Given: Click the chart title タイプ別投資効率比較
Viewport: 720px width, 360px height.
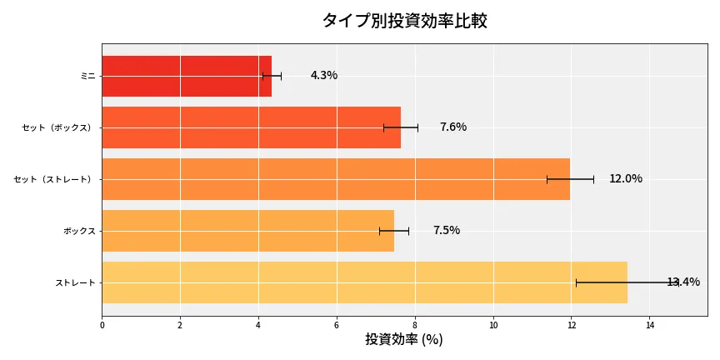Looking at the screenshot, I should (404, 21).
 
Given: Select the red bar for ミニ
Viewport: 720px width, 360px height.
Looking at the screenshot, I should (187, 76).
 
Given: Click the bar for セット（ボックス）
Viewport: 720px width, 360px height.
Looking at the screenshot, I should (251, 127).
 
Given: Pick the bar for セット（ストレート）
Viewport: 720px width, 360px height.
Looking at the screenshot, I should (336, 179).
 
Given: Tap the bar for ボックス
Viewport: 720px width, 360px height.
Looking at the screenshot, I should (247, 231).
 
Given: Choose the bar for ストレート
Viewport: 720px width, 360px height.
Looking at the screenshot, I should (364, 282).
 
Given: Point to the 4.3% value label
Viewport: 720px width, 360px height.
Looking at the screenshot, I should (323, 76).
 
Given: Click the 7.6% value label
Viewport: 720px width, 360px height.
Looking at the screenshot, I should (452, 127).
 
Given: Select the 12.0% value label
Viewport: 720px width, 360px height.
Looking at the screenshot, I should (625, 179).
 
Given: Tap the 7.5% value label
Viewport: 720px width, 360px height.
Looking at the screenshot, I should (446, 231).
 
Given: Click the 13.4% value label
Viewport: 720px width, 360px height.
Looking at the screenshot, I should (683, 282).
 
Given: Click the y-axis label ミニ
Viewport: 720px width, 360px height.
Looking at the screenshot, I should (87, 76).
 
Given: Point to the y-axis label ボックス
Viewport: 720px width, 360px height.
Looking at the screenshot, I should (79, 231).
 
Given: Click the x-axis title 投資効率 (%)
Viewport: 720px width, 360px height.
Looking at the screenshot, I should (404, 340).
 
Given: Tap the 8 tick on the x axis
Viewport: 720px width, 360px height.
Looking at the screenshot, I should (415, 325).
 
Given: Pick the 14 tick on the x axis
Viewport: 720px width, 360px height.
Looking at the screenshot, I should (650, 325).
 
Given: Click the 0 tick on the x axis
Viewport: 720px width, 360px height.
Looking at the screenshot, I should (102, 325).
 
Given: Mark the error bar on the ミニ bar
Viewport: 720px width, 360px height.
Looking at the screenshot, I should (272, 76).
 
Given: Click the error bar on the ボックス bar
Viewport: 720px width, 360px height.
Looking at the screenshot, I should (394, 231).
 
